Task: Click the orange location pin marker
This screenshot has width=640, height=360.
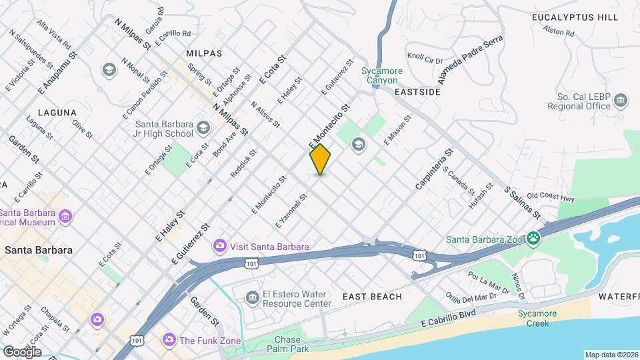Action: point(320,159)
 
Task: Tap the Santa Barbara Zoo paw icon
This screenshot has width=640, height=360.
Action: point(533,238)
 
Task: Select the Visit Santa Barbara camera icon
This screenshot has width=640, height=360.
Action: point(219,247)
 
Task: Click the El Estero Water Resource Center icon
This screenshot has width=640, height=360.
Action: point(251,297)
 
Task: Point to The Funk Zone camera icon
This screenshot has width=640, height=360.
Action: point(169,340)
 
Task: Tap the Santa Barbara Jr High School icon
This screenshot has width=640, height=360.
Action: point(203,127)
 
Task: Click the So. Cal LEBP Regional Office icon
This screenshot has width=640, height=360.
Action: point(621,100)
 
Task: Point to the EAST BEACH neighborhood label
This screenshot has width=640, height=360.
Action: point(373,297)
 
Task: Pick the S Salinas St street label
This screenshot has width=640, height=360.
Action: point(522,202)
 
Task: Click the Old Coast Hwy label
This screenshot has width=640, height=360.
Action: point(550,197)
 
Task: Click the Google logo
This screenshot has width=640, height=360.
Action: point(21,351)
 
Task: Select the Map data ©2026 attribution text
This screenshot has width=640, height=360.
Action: point(611,355)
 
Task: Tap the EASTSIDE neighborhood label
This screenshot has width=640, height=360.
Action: point(418,92)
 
